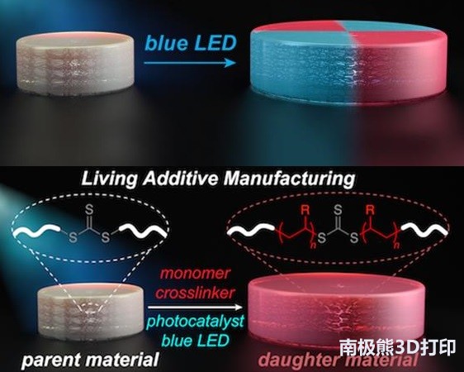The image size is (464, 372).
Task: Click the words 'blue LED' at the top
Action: (191, 44)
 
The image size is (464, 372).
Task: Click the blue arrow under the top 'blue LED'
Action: (190, 63)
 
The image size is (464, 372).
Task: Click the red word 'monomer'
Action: (195, 273)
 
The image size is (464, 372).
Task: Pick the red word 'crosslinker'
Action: (195, 293)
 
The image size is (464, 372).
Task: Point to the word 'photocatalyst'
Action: (196, 322)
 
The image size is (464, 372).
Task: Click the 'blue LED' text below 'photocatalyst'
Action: (196, 341)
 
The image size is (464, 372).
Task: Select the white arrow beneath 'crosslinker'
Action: (195, 308)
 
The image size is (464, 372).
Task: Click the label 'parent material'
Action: (90, 360)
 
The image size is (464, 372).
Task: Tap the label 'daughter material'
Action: (338, 360)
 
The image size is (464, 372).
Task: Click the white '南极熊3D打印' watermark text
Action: (397, 347)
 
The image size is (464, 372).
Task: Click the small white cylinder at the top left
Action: (75, 61)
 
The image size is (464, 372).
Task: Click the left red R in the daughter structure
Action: (305, 211)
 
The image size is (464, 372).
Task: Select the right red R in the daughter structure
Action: (370, 211)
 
